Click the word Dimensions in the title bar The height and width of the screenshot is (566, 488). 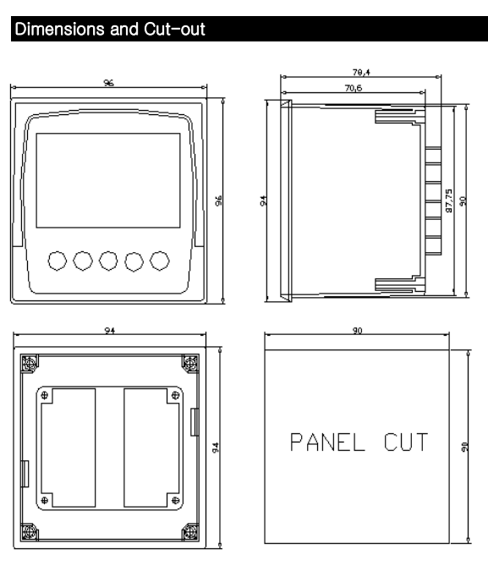coord(59,30)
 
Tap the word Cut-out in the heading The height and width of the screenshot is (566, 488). coord(174,30)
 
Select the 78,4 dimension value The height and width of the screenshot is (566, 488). coord(361,72)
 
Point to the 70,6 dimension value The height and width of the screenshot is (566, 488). coord(354,88)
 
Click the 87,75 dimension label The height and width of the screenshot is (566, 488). coord(448,201)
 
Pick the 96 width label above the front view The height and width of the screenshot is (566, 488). coord(108,83)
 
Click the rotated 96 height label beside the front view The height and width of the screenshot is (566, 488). coord(218,201)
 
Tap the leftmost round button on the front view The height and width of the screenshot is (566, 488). coord(57,261)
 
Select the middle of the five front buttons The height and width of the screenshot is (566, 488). coord(108,261)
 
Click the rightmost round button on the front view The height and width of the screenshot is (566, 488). coord(160,261)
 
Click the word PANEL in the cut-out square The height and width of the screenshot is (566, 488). coord(327,442)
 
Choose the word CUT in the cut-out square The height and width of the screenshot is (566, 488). coord(406,442)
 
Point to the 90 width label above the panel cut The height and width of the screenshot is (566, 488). coord(358,330)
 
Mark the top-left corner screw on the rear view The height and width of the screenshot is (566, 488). coord(30,363)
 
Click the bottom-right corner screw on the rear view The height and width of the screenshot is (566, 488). coord(189,532)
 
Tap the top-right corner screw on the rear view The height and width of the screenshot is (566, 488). coord(189,363)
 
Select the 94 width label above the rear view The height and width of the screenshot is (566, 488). coord(110,330)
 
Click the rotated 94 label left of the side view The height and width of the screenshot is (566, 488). coord(263,201)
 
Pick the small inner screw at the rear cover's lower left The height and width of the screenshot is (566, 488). coord(44,500)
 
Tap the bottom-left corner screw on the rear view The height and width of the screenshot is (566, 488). coord(30,532)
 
